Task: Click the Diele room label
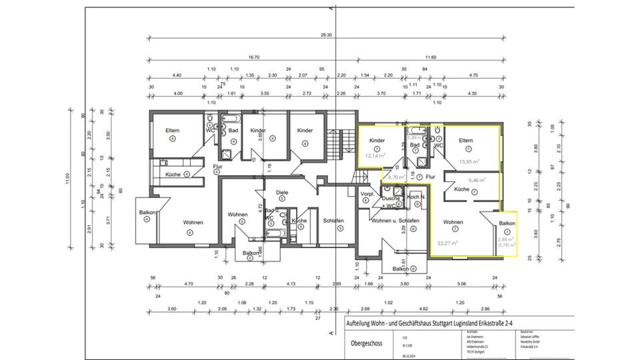281,192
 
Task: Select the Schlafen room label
333,221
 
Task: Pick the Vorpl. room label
366,194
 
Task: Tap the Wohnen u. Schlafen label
395,221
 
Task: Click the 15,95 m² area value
468,161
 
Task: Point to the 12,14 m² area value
374,155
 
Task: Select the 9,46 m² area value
477,179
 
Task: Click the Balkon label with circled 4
147,213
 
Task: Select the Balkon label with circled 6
402,269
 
